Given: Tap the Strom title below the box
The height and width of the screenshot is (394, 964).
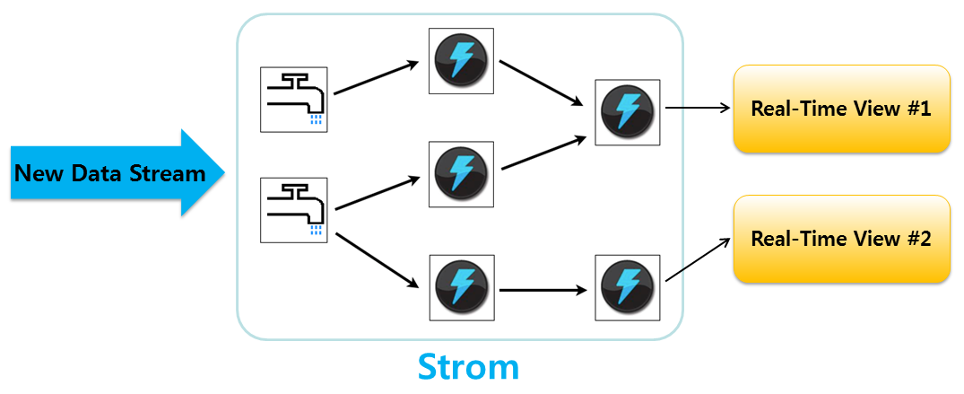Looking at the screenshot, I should pyautogui.click(x=468, y=366).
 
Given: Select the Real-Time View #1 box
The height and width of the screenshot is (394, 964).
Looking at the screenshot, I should pyautogui.click(x=841, y=109).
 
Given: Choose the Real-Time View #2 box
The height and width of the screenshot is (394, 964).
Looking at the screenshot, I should pyautogui.click(x=841, y=239).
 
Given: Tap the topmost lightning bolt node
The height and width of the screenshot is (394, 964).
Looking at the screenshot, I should pyautogui.click(x=461, y=60).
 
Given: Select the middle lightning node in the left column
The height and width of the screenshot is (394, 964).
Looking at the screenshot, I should pyautogui.click(x=461, y=172).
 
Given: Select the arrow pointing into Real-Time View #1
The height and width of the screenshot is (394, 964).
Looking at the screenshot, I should pyautogui.click(x=698, y=109).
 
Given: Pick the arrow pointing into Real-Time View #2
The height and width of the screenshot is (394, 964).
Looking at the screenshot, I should pyautogui.click(x=697, y=261).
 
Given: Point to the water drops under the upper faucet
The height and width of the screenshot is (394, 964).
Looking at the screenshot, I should pyautogui.click(x=315, y=119).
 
